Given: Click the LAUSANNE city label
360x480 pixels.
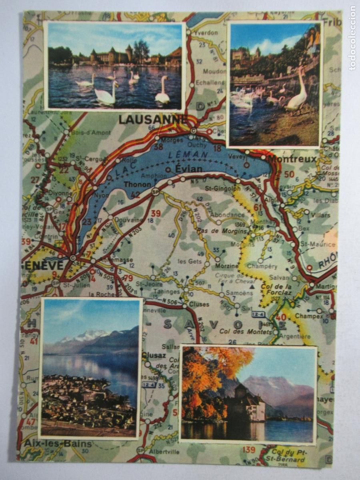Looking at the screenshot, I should [153, 119].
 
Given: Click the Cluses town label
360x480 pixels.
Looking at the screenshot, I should [199, 304].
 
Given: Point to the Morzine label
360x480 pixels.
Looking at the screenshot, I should [227, 266].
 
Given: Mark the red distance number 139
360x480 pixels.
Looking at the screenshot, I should [248, 450].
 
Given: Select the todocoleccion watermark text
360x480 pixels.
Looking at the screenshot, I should [352, 38].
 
